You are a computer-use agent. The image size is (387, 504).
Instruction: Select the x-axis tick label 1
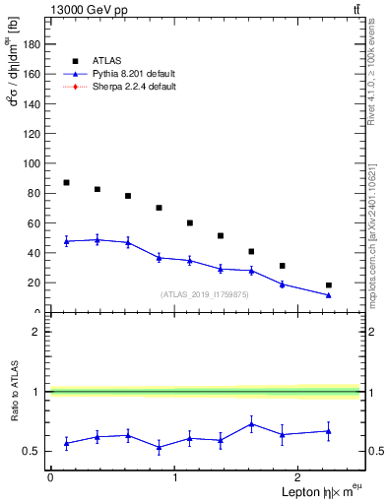[x=174, y=477]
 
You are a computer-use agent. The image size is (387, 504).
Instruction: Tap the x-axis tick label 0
[x=50, y=477]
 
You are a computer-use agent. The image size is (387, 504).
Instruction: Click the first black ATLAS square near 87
[x=66, y=183]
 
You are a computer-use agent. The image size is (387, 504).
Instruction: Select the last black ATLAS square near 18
[x=329, y=285]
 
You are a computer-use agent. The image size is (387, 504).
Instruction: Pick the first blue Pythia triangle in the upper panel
[x=66, y=241]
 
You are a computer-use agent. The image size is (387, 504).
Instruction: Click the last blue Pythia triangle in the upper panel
[x=329, y=295]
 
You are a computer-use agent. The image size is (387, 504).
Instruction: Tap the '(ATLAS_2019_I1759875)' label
[x=204, y=294]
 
